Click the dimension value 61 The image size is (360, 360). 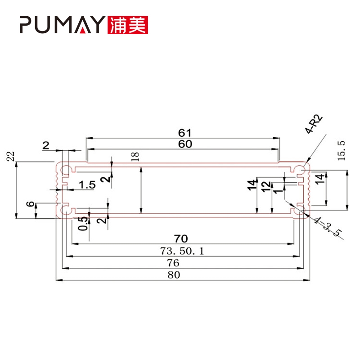pyautogui.click(x=184, y=133)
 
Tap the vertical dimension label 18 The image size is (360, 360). pyautogui.click(x=138, y=156)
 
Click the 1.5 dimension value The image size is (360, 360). pyautogui.click(x=87, y=185)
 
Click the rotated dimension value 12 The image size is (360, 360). pyautogui.click(x=266, y=185)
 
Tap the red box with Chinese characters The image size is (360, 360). pyautogui.click(x=128, y=25)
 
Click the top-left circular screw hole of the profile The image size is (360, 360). pyautogui.click(x=66, y=170)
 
